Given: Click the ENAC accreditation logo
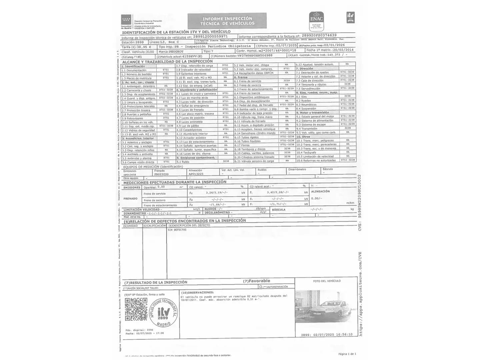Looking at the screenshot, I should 316,21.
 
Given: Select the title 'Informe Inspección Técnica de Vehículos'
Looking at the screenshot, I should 227,21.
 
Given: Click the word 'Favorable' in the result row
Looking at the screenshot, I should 259,281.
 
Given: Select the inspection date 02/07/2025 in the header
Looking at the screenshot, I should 286,45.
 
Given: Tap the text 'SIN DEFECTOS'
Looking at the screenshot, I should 177,230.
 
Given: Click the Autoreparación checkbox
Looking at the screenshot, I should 260,287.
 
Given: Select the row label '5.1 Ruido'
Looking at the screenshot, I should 183,162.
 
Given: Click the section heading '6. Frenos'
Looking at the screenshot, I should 241,77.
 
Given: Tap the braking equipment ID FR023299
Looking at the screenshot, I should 161,174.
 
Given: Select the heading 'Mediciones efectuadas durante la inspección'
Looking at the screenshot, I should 175,182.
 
